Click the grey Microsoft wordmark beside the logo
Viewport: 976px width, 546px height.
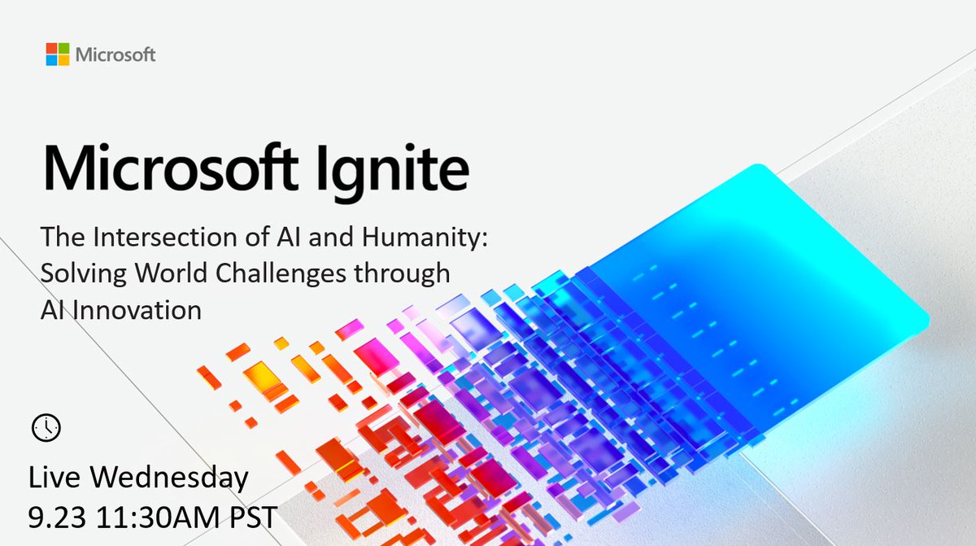115,55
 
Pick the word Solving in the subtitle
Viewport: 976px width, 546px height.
77,274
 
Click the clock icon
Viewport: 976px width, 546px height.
46,426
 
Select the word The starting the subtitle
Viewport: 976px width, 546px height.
60,238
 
